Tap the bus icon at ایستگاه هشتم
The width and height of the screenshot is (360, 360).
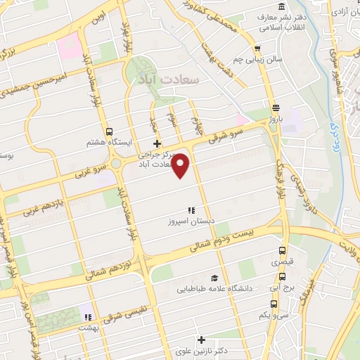point(109,131)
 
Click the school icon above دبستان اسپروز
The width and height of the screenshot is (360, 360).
point(190,210)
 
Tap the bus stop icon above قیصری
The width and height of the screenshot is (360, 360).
point(283,250)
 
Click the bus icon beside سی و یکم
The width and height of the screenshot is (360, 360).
point(272,304)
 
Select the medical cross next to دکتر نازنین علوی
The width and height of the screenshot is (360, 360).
point(202,340)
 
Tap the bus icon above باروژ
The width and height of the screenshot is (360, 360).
point(275,108)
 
